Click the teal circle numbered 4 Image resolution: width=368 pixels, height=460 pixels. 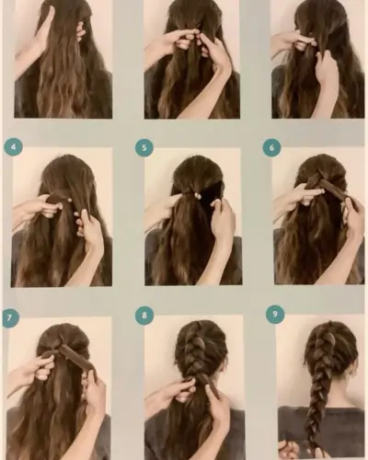(13, 147)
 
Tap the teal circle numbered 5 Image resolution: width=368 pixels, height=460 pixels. (144, 147)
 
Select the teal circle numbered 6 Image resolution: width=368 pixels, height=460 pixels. (271, 147)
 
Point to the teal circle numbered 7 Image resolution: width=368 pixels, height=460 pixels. (9, 317)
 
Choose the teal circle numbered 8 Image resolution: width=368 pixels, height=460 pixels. (144, 316)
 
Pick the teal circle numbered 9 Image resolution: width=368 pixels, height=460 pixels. (275, 314)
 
